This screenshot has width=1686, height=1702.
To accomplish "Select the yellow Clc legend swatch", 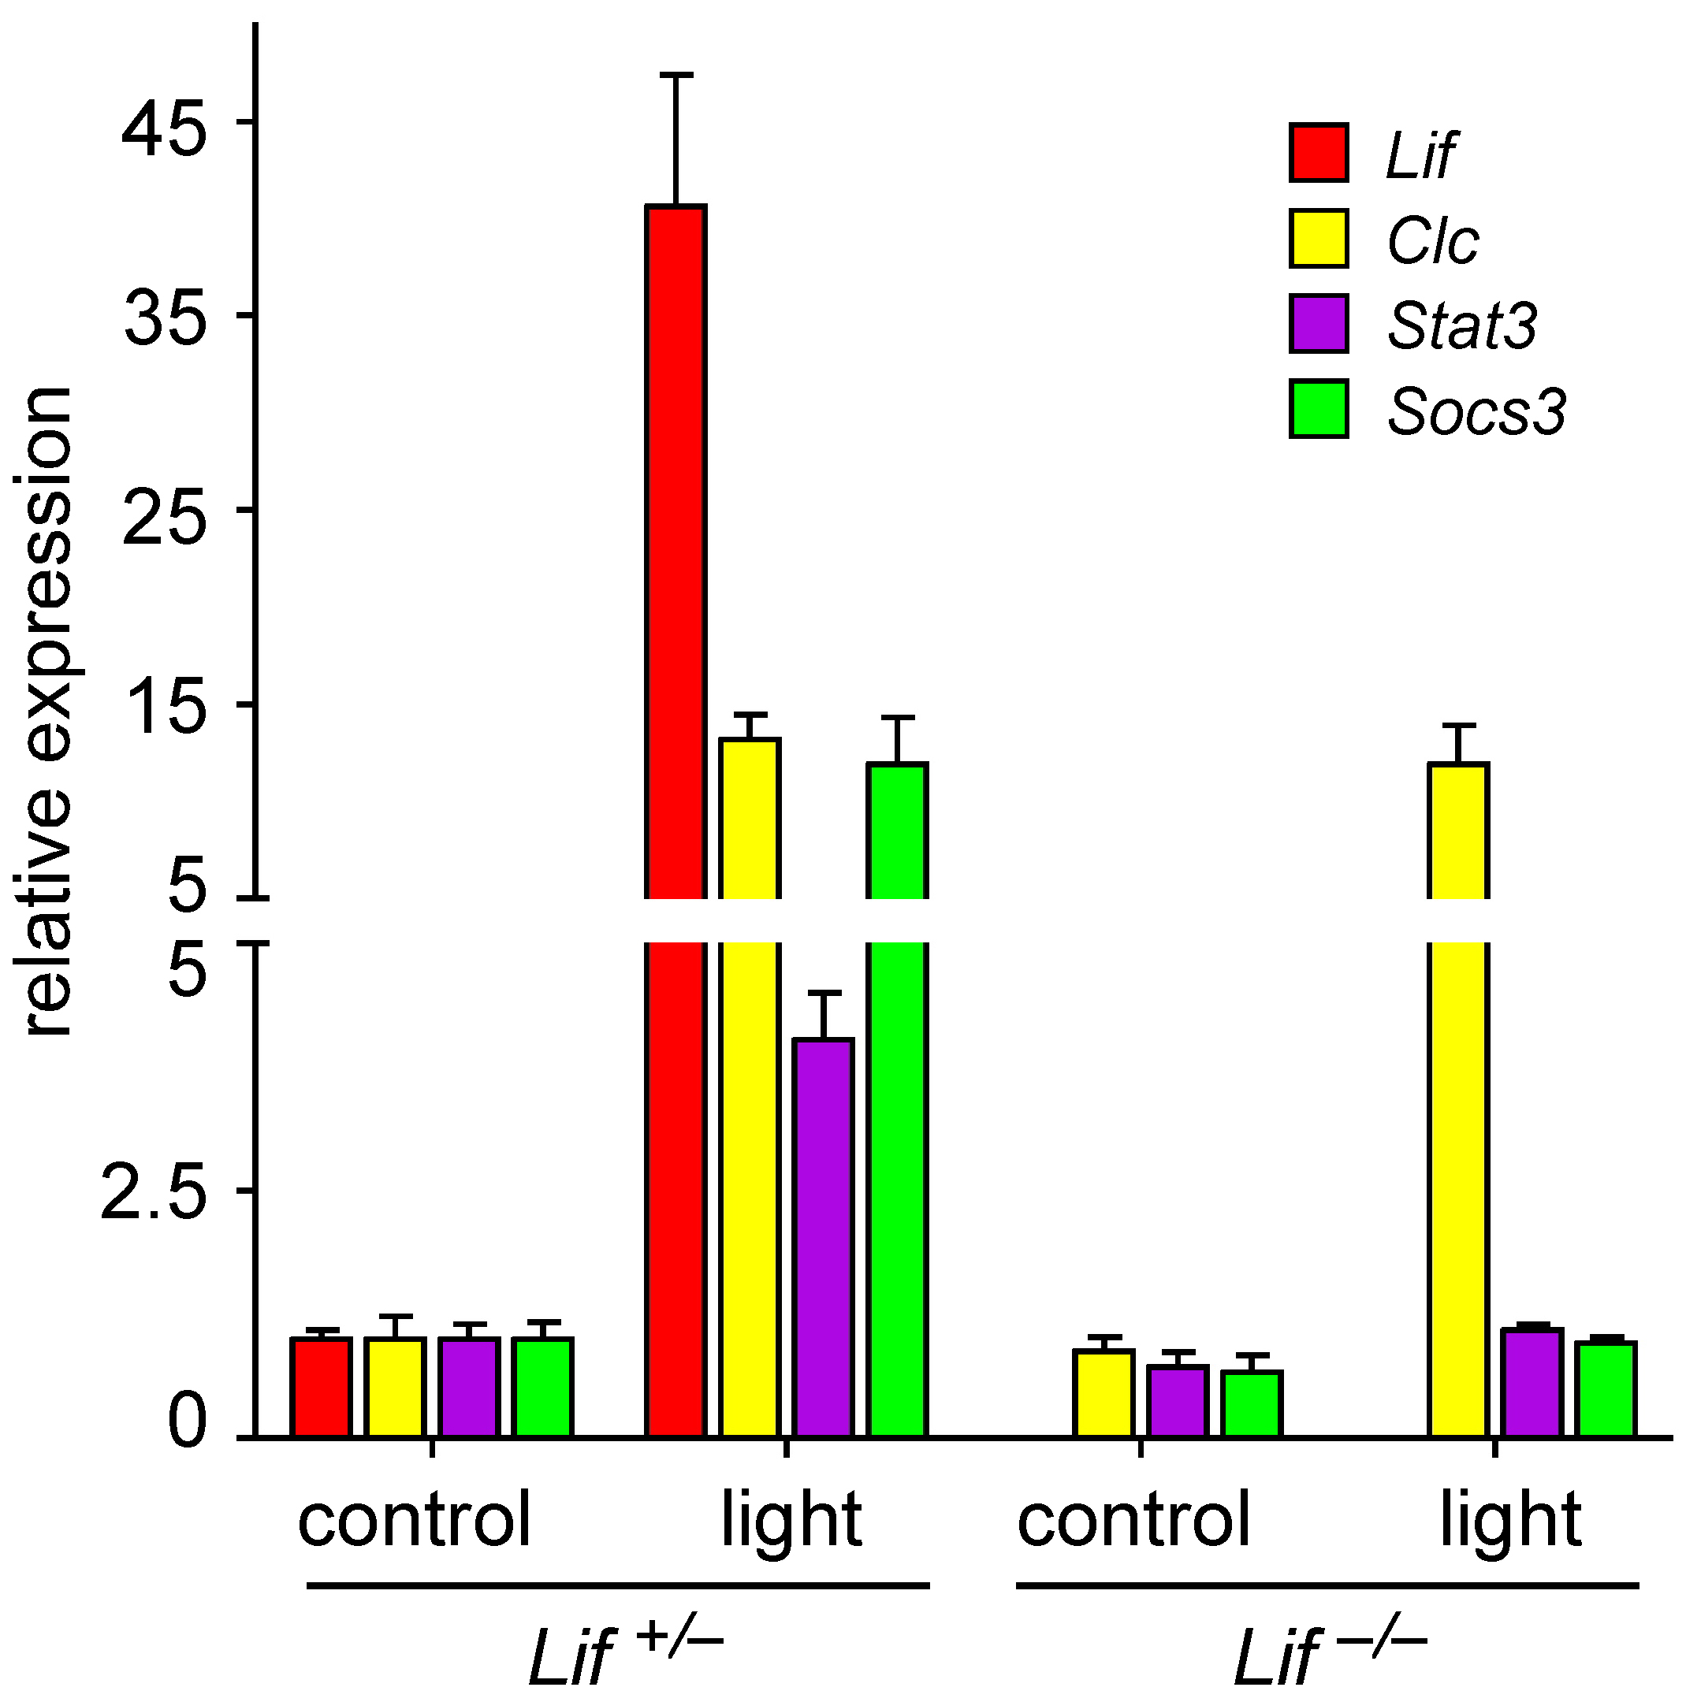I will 1319,238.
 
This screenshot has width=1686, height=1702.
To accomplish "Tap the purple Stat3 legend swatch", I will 1319,323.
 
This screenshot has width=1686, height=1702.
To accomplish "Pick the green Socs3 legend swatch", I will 1319,409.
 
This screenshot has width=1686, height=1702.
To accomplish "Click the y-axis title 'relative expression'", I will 48,714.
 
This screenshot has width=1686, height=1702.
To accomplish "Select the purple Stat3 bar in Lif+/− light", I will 823,1233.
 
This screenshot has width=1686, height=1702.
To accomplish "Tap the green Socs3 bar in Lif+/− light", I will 897,1102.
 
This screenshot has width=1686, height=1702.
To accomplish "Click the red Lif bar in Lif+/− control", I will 322,1387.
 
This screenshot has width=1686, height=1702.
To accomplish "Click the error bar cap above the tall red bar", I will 676,76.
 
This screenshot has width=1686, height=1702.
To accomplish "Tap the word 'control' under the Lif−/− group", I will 1133,1520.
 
